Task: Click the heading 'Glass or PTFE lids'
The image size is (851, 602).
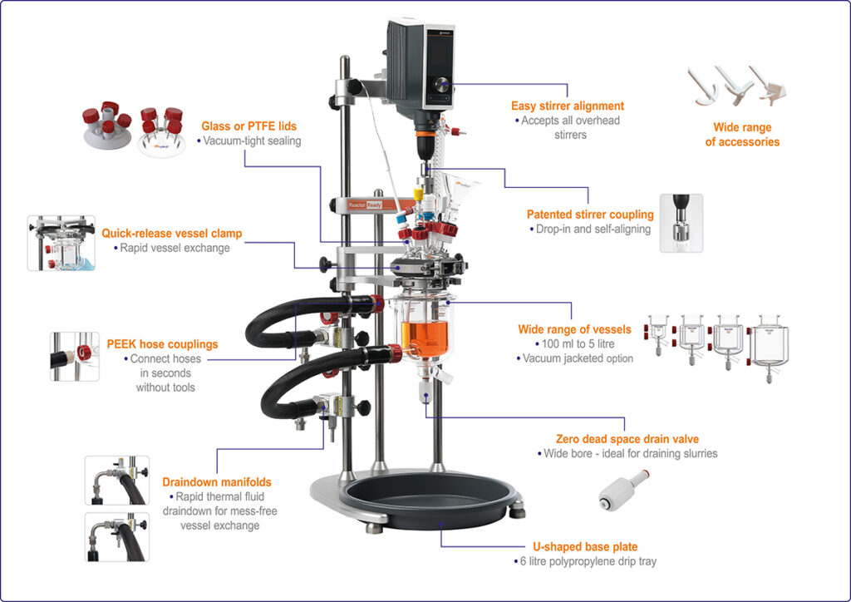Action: [x=248, y=126]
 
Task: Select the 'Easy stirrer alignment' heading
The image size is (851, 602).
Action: [x=568, y=106]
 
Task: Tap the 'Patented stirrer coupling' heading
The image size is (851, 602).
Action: [x=590, y=215]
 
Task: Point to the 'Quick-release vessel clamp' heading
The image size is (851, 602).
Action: [x=172, y=234]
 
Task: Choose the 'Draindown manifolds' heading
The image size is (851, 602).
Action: [x=216, y=482]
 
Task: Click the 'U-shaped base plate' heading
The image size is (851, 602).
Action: [x=585, y=547]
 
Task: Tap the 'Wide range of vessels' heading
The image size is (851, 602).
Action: [x=574, y=329]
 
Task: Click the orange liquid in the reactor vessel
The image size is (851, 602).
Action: [x=426, y=336]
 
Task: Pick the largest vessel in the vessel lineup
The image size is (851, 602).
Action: [x=771, y=340]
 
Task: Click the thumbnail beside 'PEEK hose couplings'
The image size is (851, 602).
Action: [x=74, y=357]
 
